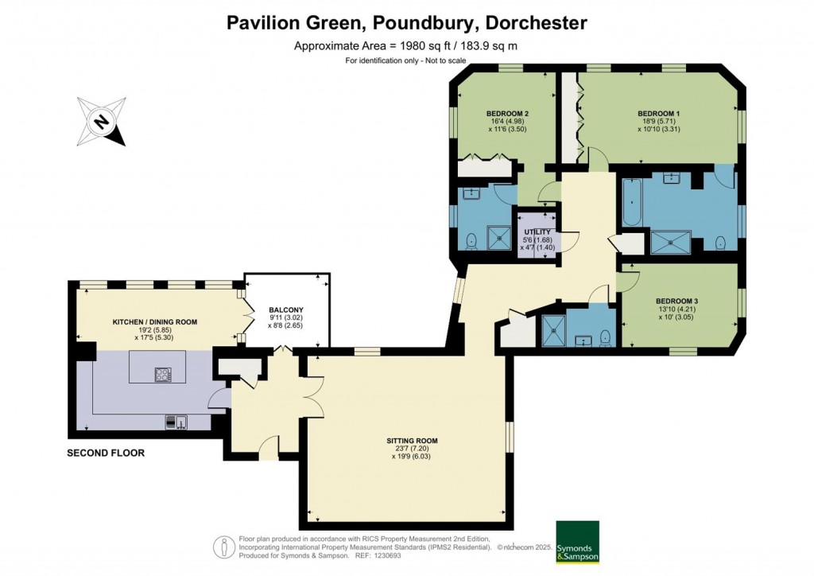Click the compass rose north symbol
coord(102,122)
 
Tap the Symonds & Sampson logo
coord(577,543)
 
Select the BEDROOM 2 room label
coord(508,114)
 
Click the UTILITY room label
coord(537,232)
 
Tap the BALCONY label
coord(285,310)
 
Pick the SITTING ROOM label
coord(412,440)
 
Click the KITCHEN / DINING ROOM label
coord(157,322)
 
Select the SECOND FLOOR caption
coord(107,453)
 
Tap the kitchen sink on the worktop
coord(176,422)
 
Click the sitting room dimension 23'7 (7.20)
coord(412,450)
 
